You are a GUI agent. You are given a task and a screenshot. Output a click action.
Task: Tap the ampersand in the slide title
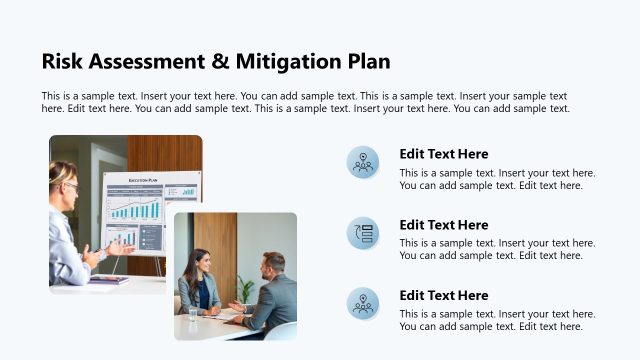tap(220, 61)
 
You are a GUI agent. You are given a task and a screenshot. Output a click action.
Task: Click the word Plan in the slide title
tap(368, 61)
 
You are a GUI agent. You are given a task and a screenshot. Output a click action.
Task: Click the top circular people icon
tap(363, 162)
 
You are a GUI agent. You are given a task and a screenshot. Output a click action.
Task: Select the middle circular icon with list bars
tap(363, 233)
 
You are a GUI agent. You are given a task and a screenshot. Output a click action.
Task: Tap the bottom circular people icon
tap(363, 303)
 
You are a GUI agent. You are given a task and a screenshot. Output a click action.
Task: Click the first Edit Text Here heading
tap(444, 154)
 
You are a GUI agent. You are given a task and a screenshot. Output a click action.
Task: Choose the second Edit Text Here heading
tap(444, 225)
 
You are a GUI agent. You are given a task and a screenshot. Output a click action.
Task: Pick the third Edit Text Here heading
tap(444, 295)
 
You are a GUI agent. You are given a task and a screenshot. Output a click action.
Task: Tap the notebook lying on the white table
tap(108, 280)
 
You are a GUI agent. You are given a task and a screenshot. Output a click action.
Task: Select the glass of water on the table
tap(193, 313)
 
